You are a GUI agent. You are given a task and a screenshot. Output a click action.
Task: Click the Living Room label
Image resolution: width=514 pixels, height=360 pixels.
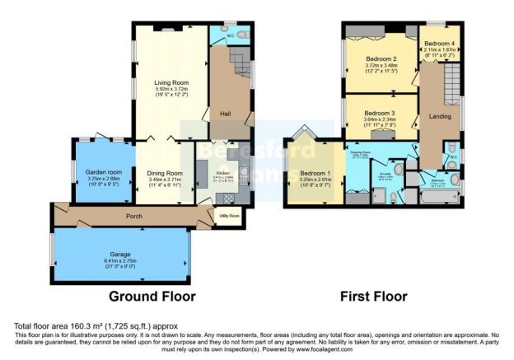tap(172, 82)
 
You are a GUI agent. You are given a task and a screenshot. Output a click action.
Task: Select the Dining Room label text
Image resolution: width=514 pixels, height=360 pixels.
tap(164, 173)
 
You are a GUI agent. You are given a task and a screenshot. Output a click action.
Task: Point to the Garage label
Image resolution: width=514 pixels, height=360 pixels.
tap(121, 255)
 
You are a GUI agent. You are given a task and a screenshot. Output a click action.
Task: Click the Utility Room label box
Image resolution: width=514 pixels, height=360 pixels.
tap(228, 217)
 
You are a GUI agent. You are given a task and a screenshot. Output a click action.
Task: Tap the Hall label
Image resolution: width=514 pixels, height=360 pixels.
tap(223, 114)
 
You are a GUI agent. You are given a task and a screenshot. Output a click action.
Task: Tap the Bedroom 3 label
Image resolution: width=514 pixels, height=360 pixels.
tap(380, 113)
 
